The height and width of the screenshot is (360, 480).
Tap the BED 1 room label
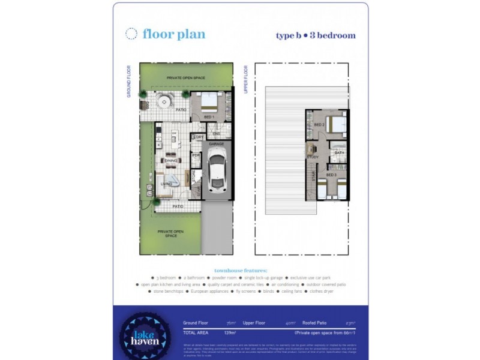pos(209,116)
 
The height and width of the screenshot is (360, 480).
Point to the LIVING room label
pos(167,184)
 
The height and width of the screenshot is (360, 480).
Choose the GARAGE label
pos(216,144)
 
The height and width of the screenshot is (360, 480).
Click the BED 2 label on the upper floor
pos(320,125)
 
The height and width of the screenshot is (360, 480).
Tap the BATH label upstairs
pos(340,153)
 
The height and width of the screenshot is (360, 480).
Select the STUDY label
pos(312,157)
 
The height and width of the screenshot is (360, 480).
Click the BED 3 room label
pos(332,175)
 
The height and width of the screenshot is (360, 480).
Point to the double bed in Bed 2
pos(336,124)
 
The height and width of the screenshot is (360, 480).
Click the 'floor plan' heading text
pos(174,34)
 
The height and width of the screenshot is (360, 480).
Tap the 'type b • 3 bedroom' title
pos(316,35)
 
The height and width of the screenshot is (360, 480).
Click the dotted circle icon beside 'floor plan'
pos(131,34)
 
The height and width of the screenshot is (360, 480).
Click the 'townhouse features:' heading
pos(240,270)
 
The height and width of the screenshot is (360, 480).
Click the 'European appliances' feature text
pos(210,291)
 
